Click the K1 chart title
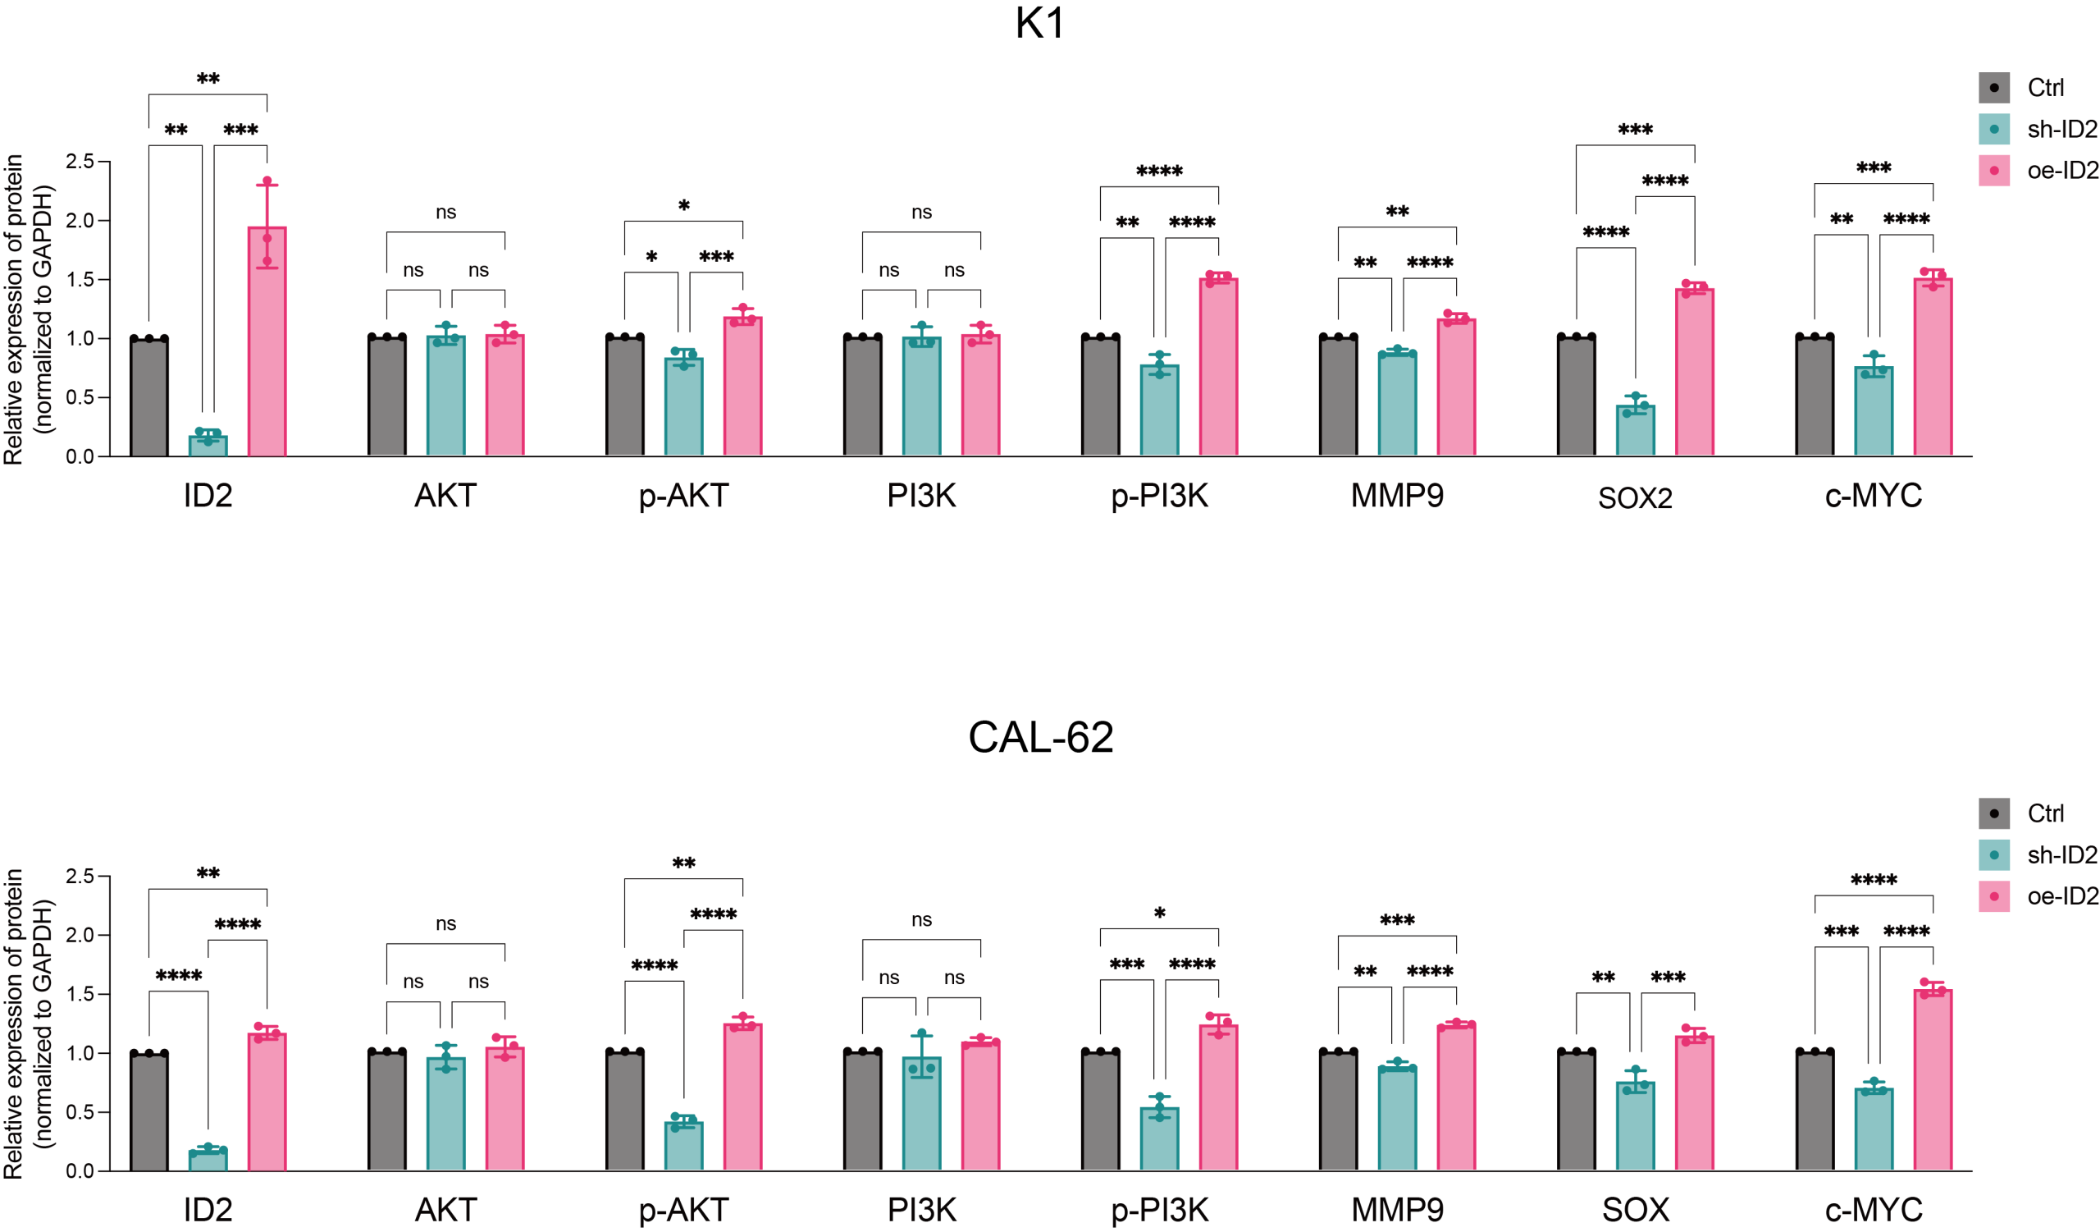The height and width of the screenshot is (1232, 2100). coord(1040,23)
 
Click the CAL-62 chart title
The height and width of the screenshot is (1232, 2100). coord(1040,737)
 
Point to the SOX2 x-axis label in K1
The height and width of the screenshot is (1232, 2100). coord(1635,497)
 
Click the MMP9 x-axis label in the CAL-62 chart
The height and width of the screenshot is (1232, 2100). coord(1397,1210)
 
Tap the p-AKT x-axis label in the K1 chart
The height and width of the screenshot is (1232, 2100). coord(683,496)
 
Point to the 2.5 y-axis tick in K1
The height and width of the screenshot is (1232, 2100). coord(80,162)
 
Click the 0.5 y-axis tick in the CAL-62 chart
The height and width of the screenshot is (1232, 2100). coord(80,1112)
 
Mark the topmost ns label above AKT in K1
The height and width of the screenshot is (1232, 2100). coord(445,213)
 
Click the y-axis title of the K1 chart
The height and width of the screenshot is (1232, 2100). coord(29,309)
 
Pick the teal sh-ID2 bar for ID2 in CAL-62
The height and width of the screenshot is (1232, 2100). coord(208,1161)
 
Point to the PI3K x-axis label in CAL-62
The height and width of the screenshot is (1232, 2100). coord(922,1210)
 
